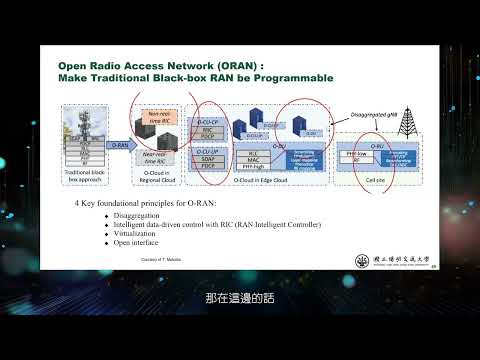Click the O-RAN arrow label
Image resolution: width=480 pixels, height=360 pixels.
[119, 145]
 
